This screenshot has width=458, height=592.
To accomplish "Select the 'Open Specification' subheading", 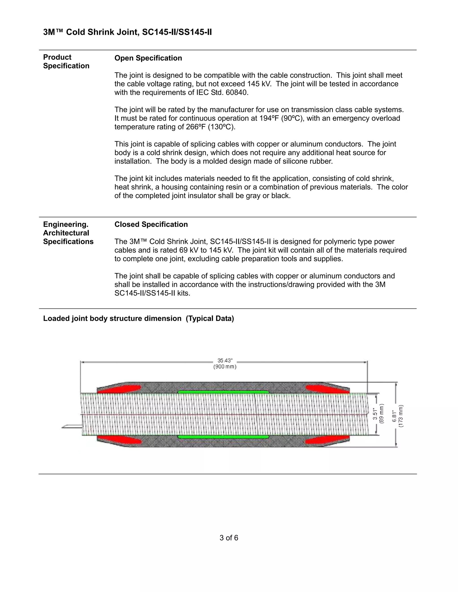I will pos(148,58).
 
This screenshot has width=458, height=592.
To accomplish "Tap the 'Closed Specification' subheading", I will pos(151,225).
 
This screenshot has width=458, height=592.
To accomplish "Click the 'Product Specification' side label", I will pos(66,61).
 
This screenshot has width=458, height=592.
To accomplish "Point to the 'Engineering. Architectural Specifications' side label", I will pos(68,233).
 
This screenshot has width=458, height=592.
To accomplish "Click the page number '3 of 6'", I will pos(229,538).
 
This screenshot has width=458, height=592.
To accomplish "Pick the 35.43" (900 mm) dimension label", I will pos(225,364).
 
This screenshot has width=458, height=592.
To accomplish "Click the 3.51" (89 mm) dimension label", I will pos(378,414).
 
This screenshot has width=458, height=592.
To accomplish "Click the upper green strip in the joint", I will pos(223,392).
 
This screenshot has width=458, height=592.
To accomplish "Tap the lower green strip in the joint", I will pos(223,437).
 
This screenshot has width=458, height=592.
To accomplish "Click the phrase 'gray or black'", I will pos(267,196).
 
